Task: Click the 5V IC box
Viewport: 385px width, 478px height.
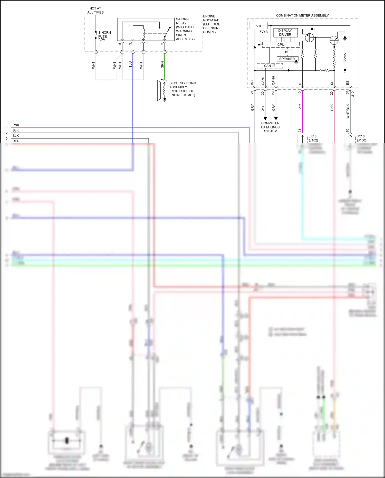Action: [258, 26]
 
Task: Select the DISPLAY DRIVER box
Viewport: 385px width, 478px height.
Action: [285, 33]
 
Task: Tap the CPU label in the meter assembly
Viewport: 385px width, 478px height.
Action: [281, 45]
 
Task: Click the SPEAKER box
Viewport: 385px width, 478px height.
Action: [287, 59]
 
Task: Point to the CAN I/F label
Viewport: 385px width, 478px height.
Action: [269, 66]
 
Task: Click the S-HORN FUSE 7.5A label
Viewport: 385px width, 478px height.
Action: [104, 36]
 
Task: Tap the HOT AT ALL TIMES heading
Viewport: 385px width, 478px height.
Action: [95, 11]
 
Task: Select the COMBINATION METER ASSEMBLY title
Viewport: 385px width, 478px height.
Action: [302, 15]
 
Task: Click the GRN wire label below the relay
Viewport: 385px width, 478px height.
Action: [162, 65]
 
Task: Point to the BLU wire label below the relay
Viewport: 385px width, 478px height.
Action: [131, 64]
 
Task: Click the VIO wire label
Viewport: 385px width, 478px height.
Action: [300, 107]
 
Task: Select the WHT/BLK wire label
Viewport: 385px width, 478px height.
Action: [348, 111]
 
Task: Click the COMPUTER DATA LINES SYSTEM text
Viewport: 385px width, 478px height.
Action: [270, 127]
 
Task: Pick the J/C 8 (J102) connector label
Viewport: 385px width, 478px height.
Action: [313, 138]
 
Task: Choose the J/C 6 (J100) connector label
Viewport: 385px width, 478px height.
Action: [361, 138]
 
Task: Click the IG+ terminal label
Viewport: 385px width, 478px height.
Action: [252, 82]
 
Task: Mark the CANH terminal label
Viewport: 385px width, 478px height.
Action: [273, 80]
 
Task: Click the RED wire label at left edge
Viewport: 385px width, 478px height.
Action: [16, 141]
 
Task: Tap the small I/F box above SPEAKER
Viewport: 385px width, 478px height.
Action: [287, 52]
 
